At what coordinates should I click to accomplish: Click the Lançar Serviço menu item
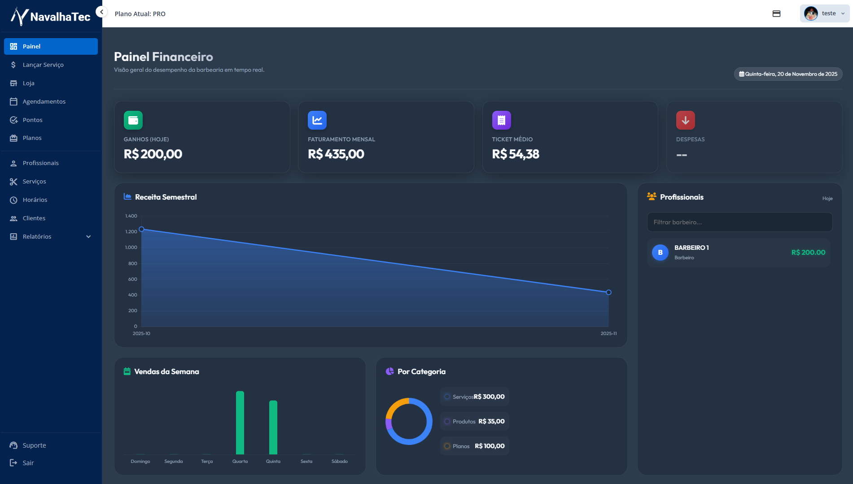click(43, 65)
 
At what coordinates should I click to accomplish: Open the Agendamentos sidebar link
click(44, 101)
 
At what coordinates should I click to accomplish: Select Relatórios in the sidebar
click(37, 236)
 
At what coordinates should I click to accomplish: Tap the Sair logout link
click(28, 462)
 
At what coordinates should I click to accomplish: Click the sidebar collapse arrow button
click(102, 12)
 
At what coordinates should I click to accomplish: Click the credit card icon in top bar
click(776, 13)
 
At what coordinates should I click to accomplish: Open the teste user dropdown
click(824, 13)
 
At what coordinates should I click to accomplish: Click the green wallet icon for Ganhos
click(133, 120)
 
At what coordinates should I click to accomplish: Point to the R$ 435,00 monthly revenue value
click(336, 154)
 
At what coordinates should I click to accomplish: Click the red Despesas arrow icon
click(685, 120)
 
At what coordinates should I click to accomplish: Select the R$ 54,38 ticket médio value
click(515, 154)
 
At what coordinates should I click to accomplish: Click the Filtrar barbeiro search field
click(739, 222)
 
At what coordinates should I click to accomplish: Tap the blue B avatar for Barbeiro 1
click(660, 253)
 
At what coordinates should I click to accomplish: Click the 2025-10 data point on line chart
click(141, 229)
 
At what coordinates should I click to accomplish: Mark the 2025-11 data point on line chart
click(608, 292)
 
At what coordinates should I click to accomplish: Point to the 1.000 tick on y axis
click(131, 248)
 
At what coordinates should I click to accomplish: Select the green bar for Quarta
click(240, 423)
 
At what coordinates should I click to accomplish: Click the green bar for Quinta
click(273, 427)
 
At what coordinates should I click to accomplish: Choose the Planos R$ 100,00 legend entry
click(475, 446)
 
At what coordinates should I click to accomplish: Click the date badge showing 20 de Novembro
click(788, 74)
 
